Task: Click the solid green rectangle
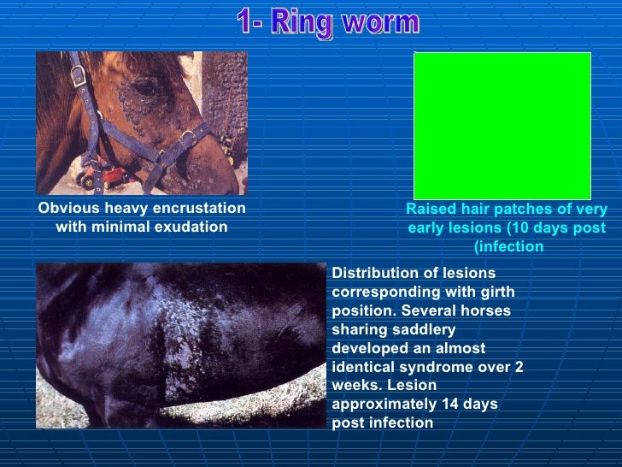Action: (502, 125)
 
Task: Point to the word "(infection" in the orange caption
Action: (508, 246)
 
